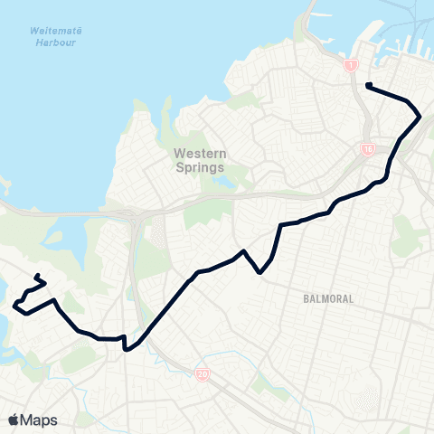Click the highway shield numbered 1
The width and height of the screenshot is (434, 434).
351,65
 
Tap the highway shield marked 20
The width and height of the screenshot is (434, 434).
202,374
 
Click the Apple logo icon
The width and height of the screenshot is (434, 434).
14,420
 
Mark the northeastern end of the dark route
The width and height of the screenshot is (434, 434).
368,85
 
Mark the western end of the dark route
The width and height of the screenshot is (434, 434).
36,276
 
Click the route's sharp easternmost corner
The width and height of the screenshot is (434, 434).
421,117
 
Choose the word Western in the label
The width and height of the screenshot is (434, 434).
199,154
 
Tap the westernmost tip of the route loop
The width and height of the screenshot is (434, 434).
14,307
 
